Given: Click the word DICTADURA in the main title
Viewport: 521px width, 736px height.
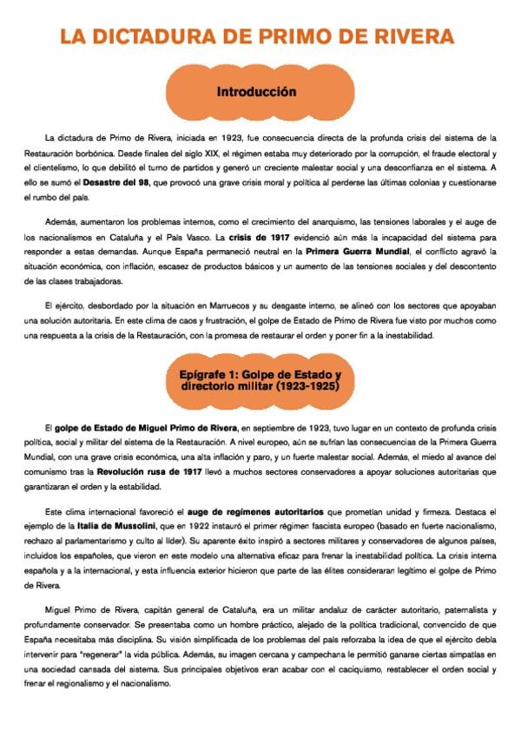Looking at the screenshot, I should pyautogui.click(x=165, y=36).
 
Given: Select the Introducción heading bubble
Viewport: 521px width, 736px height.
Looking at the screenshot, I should pyautogui.click(x=257, y=92).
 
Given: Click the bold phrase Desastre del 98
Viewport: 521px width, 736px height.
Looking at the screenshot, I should pyautogui.click(x=116, y=182).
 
